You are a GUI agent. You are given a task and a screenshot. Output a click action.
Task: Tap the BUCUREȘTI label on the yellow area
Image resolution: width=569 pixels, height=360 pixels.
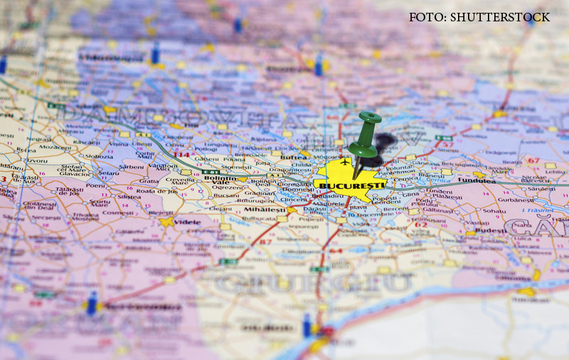[344, 186]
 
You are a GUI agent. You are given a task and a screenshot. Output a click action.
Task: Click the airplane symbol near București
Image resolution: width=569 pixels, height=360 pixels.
[345, 162]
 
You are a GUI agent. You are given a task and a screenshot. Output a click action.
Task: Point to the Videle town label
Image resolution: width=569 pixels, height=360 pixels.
[188, 222]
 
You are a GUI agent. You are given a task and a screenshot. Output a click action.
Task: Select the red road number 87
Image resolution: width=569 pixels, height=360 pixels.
[267, 243]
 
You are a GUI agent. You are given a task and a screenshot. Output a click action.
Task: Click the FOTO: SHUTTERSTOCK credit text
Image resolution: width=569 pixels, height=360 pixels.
[479, 17]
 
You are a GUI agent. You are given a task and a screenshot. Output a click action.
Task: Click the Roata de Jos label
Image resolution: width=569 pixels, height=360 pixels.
[156, 191]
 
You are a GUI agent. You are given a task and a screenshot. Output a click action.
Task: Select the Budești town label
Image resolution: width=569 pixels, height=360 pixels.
[490, 231]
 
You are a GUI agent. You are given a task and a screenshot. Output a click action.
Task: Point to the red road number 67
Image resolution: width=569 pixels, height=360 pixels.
[533, 161]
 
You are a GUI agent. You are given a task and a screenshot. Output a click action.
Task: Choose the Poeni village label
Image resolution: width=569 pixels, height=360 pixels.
[95, 185]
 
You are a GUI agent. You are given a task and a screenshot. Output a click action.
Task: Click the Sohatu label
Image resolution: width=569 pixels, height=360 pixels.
[494, 211]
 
